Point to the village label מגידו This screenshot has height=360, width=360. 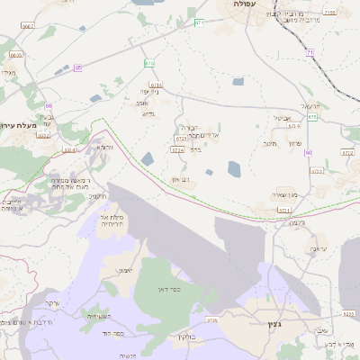click(x=8, y=72)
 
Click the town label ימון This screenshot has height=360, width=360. click(x=123, y=270)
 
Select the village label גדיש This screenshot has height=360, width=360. click(x=148, y=114)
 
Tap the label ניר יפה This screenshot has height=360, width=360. click(x=148, y=92)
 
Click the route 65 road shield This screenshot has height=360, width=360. click(x=78, y=67)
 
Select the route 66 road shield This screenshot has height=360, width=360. click(x=49, y=105)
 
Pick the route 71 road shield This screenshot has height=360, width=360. click(x=310, y=53)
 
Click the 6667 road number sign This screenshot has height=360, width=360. click(x=27, y=27)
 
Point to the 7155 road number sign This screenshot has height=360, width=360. click(x=330, y=13)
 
